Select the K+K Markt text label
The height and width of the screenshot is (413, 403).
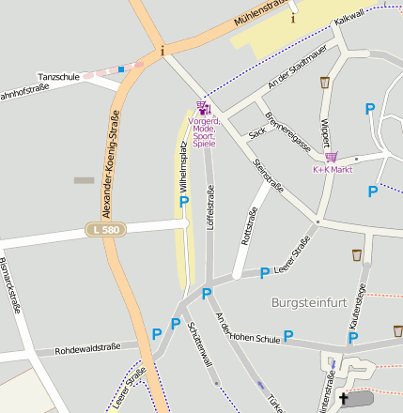pos(332,169)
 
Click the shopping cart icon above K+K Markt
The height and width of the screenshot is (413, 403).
pos(331,157)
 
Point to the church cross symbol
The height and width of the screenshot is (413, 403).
pos(343,400)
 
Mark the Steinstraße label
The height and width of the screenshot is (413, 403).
pos(269,177)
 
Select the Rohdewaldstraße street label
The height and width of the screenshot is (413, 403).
pos(88,348)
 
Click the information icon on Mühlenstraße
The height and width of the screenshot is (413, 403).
pos(292,18)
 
